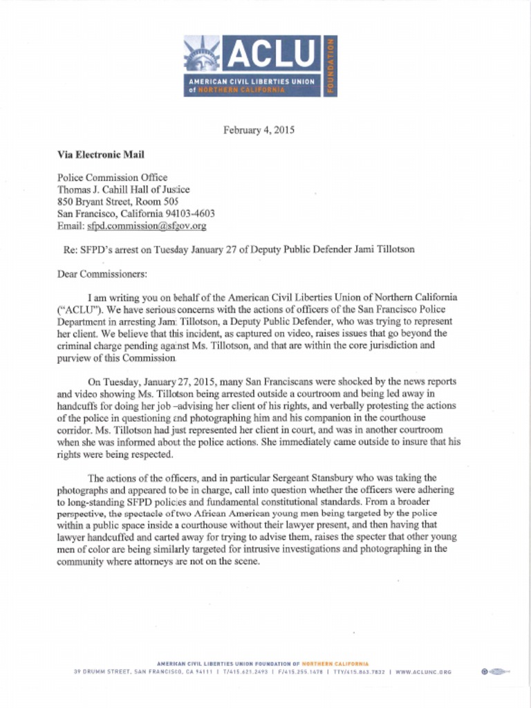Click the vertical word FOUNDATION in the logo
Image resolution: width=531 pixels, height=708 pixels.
click(x=331, y=66)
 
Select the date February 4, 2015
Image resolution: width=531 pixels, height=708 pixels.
click(x=259, y=130)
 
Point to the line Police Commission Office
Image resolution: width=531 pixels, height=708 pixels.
click(x=112, y=178)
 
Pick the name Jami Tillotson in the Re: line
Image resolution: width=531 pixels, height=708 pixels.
click(x=384, y=249)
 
